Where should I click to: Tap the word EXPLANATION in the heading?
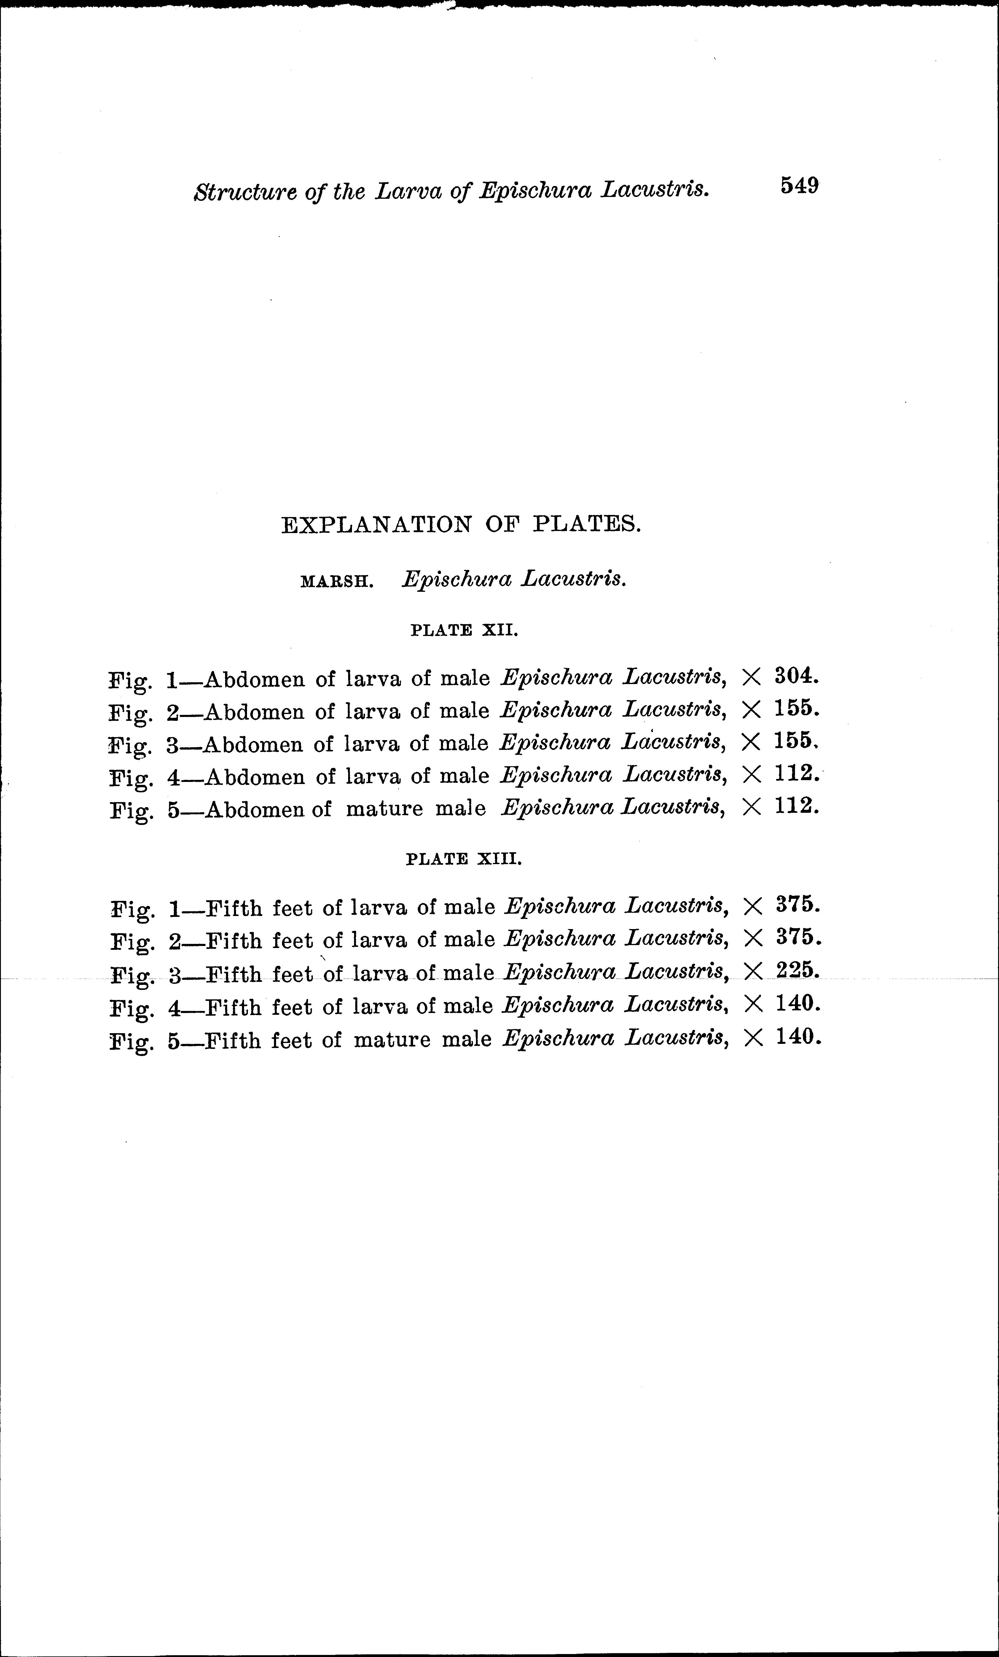click(377, 524)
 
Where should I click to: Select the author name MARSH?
click(336, 581)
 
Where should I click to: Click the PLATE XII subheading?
click(464, 631)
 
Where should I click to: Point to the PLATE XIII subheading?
click(464, 859)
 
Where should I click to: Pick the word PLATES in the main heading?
click(587, 524)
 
